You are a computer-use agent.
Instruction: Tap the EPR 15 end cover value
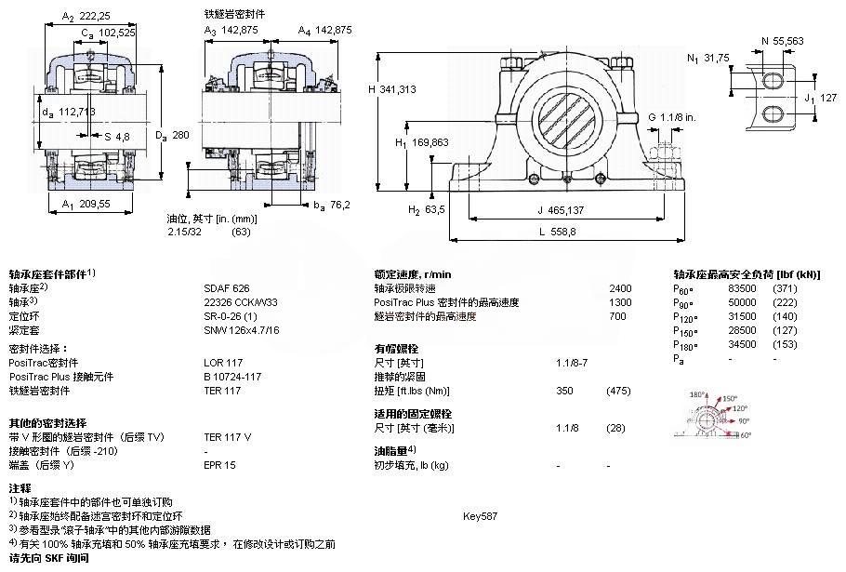click(219, 464)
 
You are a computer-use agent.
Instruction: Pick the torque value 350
click(564, 391)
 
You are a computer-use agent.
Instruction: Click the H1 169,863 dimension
click(421, 143)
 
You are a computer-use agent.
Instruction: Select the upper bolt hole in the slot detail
click(773, 81)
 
